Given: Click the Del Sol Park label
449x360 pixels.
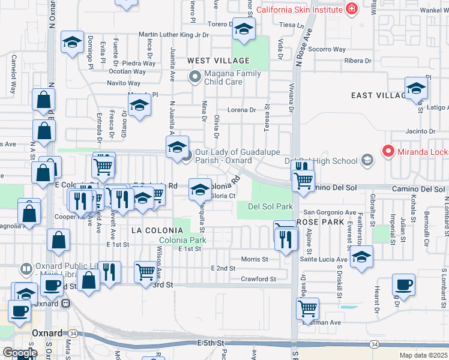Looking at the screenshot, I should (265, 206).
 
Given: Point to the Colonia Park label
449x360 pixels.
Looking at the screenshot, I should (182, 240).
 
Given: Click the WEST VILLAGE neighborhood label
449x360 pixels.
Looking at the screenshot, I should (218, 61).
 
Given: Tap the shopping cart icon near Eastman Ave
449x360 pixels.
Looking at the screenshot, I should (307, 308).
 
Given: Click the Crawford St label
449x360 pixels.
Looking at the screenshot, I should (258, 279).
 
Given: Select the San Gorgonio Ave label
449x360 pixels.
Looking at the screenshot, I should (330, 212).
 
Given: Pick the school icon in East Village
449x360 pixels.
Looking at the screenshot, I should (415, 88).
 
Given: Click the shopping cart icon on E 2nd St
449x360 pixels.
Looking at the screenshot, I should (145, 272).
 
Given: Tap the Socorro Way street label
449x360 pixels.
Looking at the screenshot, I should (328, 49).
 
